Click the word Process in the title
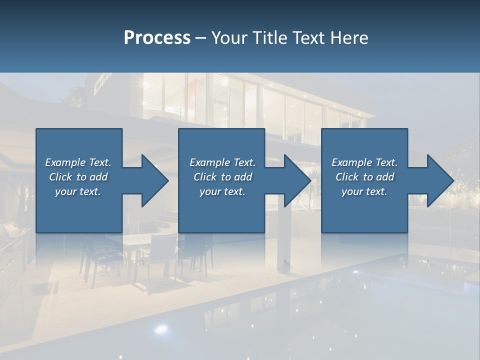[157, 38]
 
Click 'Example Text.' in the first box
[78, 162]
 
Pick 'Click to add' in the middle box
[222, 177]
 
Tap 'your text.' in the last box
[364, 191]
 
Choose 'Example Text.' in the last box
[364, 162]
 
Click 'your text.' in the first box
[78, 191]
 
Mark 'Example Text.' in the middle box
[222, 162]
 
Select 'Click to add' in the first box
[78, 177]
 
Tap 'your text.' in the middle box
[222, 191]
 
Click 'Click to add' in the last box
[364, 177]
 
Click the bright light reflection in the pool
[161, 328]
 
